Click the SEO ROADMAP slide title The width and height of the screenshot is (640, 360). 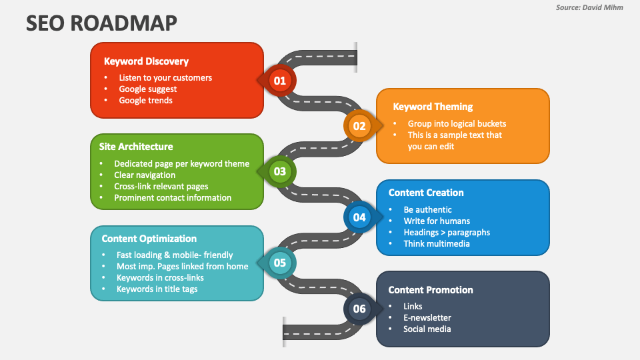coord(102,23)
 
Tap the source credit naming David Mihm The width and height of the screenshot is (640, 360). coord(589,7)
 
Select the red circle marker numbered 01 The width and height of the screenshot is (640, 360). coord(279,81)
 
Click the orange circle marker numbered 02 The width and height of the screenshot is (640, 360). coord(359,125)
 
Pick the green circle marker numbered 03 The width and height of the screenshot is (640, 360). coord(279,171)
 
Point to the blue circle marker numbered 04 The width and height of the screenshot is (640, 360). coord(359,217)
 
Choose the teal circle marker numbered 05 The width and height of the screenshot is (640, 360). coord(279,263)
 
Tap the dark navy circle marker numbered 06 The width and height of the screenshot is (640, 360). coord(359,308)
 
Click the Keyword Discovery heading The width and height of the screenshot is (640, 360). coord(146,61)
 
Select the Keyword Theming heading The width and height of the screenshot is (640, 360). coord(433,107)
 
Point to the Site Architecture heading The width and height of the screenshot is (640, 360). coord(136,147)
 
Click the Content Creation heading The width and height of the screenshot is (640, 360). coord(426,193)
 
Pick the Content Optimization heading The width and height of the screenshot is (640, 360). coord(149,239)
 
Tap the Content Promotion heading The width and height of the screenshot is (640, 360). coord(431,290)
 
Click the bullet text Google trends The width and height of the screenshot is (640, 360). coord(145,101)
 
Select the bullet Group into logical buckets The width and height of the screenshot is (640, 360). coord(457,123)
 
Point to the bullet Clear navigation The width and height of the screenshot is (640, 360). coord(145,175)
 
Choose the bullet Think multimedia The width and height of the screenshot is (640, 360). coord(436,244)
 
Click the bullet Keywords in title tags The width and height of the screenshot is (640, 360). coord(157,289)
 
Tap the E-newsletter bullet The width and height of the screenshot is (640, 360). coord(427,318)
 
